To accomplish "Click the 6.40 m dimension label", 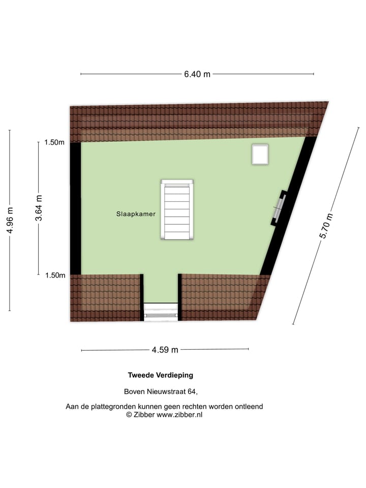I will point(197,74).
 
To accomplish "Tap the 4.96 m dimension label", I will point(10,221).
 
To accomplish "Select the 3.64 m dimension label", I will point(39,208).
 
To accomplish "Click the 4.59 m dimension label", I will point(165,350).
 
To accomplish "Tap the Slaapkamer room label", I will point(135,215).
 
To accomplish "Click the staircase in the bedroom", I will point(177,210).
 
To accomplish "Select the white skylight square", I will point(260,154).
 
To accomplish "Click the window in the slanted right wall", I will point(279,207).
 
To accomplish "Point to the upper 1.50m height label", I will point(54,142).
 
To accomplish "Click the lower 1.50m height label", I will point(54,276).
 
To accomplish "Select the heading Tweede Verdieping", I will point(160,376).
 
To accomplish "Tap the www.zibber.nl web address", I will point(179,415).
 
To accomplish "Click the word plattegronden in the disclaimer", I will point(113,407).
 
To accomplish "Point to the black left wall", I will point(75,208).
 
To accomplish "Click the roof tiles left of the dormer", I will point(105,297).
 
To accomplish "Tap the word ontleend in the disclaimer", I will point(249,407).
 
